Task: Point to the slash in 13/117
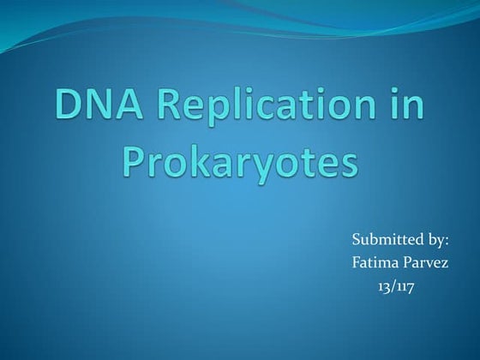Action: (394, 285)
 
